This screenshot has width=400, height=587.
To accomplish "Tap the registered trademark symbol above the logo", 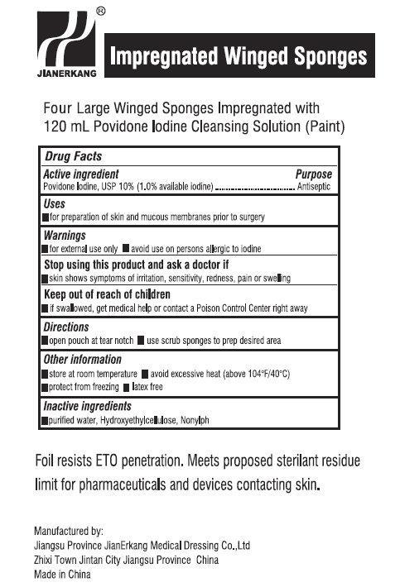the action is click(x=100, y=12).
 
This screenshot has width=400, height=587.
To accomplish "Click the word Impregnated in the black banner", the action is click(x=159, y=56).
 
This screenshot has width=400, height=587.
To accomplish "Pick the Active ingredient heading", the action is click(x=80, y=174).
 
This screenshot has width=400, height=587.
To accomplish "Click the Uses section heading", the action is click(x=55, y=204).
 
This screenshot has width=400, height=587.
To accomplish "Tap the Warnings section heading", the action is click(x=65, y=235).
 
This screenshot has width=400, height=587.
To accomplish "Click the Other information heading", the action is click(x=82, y=360).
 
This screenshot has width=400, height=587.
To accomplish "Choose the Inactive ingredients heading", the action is click(x=87, y=406).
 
